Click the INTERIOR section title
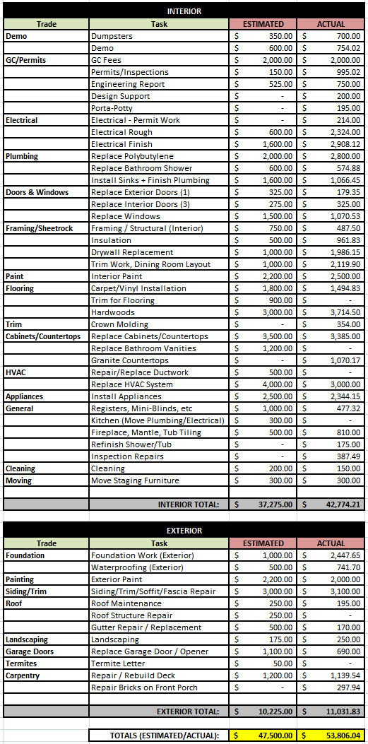pos(184,11)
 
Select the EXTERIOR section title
pos(184,531)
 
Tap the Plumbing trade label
pos(22,156)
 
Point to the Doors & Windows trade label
pos(37,192)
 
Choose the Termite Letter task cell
pos(118,663)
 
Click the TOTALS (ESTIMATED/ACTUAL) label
pos(164,736)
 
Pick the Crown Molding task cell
pos(119,324)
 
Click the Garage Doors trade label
pos(28,651)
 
